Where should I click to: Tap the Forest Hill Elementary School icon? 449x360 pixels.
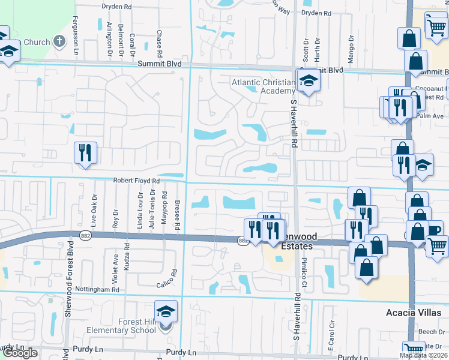click(166, 312)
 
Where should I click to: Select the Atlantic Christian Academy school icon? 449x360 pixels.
click(308, 80)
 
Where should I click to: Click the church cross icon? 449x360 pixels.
click(59, 41)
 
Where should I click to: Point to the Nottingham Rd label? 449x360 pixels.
click(99, 289)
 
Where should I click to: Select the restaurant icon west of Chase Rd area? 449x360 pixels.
click(85, 154)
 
